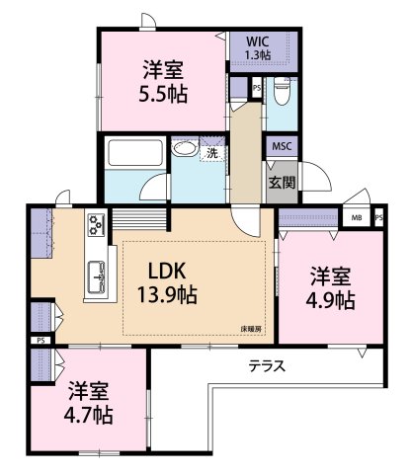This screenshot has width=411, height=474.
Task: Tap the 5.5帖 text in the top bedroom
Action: tap(164, 95)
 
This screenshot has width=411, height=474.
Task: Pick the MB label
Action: tap(357, 218)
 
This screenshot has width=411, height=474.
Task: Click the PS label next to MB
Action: tap(378, 218)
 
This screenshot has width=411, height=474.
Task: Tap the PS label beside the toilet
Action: tap(257, 89)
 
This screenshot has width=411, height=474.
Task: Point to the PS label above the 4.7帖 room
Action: tap(40, 341)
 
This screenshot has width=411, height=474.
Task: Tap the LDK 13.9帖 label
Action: tap(167, 282)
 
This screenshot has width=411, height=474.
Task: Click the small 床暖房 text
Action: tap(250, 327)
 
